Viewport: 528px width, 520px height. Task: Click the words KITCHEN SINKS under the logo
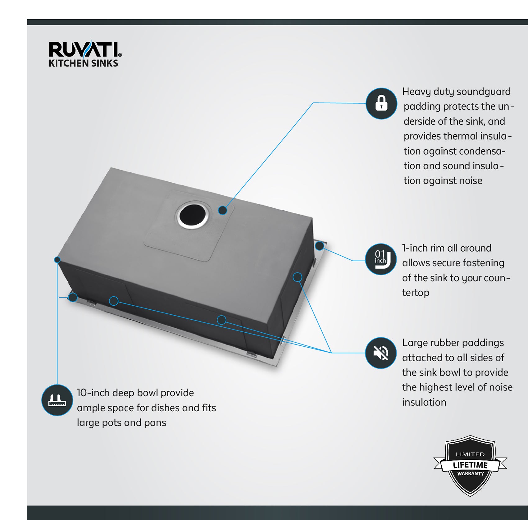coord(83,63)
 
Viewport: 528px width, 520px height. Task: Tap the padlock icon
coord(381,103)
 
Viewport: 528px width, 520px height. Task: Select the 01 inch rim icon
coord(380,259)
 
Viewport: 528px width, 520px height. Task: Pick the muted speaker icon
coord(380,353)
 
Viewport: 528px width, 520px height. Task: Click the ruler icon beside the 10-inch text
coord(57,400)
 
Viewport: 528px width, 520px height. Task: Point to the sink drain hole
coord(193,215)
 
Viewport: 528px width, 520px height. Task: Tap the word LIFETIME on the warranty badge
coord(470,465)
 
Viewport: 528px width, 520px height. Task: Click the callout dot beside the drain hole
coord(222,210)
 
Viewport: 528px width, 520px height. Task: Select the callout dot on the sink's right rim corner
coord(319,246)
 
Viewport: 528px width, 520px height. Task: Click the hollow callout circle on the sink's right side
coord(297,277)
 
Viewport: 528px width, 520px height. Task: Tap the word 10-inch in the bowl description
coord(93,393)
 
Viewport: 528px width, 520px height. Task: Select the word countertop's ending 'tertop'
coord(416,293)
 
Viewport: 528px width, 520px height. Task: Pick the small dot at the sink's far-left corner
coord(57,260)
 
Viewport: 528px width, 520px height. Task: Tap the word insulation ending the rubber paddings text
coord(424,402)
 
